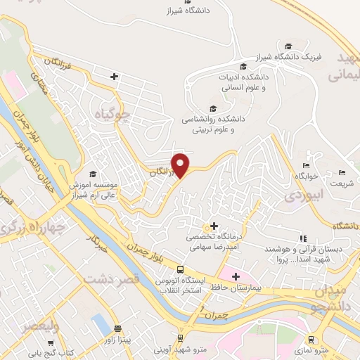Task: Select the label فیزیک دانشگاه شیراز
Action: point(290,56)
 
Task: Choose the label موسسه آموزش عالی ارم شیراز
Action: point(92,188)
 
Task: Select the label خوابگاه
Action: point(307,174)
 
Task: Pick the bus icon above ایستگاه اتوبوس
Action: point(181,269)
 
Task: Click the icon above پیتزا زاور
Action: point(117,329)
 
